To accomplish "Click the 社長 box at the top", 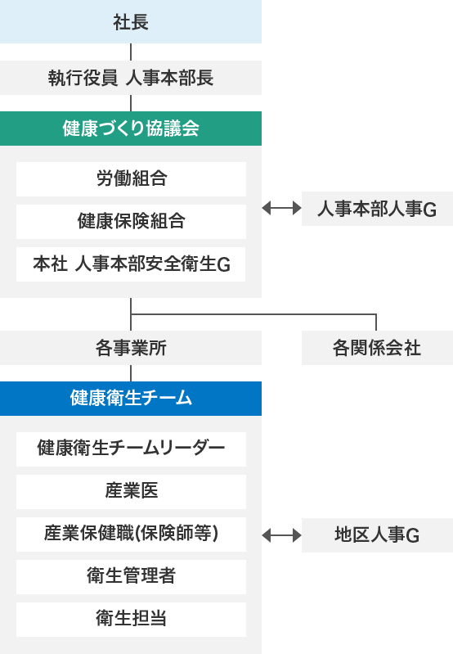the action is coord(131,21).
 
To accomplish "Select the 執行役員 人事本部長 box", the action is coord(131,78).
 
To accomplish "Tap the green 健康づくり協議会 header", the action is coord(131,129).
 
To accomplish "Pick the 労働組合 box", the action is coord(132,179).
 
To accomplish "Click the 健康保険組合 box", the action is coord(132,222).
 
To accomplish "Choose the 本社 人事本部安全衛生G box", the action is coord(131,264).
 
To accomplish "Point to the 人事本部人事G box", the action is coord(377,209).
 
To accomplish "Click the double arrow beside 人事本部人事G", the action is coord(282,208).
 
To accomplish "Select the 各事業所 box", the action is coord(131,348).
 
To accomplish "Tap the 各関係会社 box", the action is coord(377,348).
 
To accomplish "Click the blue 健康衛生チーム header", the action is coord(131,399).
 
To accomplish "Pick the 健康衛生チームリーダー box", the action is coord(132,449).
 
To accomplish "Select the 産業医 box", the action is coord(132,492).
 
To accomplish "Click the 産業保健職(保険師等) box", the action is coord(132,534).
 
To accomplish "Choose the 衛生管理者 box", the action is coord(132,577).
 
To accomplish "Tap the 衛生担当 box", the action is coord(132,620).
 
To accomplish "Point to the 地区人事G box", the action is coord(377,535).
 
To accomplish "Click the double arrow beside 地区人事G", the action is coord(282,535).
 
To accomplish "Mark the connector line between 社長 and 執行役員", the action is coord(131,52).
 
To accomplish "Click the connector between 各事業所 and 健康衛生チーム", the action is coord(131,373).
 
